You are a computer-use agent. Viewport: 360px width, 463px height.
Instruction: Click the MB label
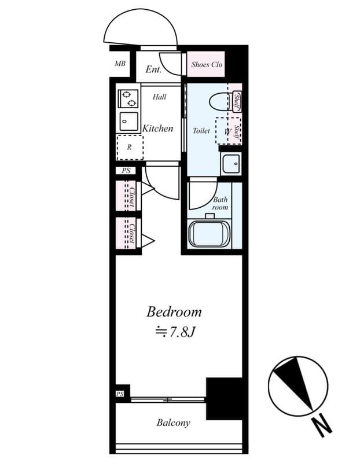tap(120, 64)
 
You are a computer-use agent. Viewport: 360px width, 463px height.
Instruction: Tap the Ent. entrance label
tap(153, 69)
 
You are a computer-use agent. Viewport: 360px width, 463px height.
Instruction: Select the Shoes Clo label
tap(207, 65)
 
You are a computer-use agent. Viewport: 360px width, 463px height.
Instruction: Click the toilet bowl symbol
tap(221, 102)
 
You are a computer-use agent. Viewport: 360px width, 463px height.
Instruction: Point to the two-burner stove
tap(128, 98)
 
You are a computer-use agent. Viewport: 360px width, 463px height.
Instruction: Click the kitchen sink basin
tap(128, 121)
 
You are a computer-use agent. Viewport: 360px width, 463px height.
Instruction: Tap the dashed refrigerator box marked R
tap(130, 147)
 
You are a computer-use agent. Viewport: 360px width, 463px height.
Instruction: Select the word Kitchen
tap(158, 128)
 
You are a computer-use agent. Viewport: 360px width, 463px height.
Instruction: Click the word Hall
tap(160, 97)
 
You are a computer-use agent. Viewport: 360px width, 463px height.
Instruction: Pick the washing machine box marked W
tap(227, 131)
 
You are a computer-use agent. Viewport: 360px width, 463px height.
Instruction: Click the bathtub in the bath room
tap(210, 234)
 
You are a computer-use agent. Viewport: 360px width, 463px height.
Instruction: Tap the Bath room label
tap(220, 203)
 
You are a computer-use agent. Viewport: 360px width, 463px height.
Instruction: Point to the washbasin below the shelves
tap(231, 164)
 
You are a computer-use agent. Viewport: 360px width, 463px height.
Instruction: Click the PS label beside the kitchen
tap(126, 171)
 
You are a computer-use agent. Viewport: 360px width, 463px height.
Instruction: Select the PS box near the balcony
tap(120, 394)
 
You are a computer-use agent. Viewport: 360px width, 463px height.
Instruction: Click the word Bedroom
tap(174, 312)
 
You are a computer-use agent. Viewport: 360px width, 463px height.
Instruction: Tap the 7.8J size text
tap(178, 332)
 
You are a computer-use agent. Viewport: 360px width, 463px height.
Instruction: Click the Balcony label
tap(173, 423)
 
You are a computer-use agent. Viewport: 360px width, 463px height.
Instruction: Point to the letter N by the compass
tap(322, 427)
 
